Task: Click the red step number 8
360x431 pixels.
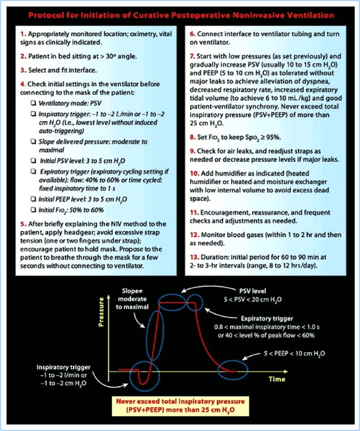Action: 192,136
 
